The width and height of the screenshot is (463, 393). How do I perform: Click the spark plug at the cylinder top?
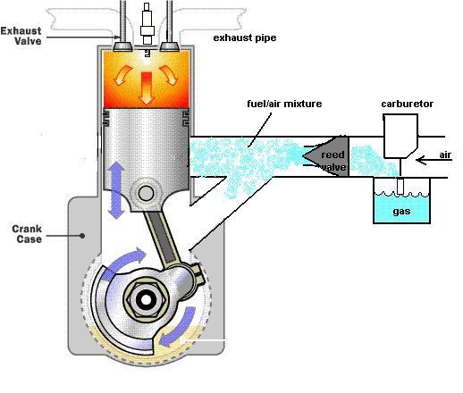[147, 29]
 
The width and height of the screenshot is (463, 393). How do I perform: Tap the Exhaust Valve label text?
[21, 36]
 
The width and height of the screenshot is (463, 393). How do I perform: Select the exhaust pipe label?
[245, 38]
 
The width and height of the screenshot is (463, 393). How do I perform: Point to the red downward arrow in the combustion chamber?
[146, 88]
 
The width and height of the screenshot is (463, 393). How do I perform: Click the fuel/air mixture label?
[284, 104]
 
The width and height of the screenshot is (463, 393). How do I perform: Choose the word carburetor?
[407, 104]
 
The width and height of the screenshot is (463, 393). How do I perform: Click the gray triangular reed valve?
[325, 156]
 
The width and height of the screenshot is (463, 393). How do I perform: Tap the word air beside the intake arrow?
[445, 155]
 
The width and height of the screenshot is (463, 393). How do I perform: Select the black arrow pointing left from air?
[434, 161]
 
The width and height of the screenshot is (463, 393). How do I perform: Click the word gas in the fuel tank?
[401, 212]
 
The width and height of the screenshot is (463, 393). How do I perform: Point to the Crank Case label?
[27, 234]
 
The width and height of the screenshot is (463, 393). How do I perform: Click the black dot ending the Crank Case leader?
[82, 236]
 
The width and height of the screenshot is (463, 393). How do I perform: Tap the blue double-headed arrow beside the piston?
[116, 190]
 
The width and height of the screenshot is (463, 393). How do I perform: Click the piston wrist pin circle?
[146, 193]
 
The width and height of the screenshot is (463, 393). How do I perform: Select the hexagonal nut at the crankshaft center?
[146, 300]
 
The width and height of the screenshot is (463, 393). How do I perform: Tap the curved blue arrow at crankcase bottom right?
[178, 328]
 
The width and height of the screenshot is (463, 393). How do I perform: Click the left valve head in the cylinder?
[123, 46]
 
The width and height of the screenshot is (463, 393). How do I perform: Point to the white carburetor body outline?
[400, 136]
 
